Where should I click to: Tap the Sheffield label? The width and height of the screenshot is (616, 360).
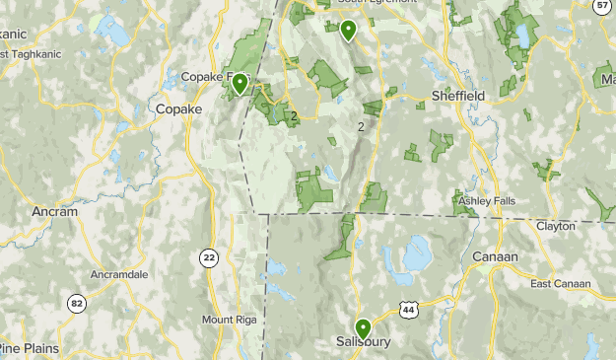458,96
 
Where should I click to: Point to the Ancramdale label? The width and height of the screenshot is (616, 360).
119,273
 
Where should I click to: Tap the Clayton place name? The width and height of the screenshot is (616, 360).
556,226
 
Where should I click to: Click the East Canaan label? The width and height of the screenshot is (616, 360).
560,283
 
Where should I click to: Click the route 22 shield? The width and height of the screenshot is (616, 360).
208,257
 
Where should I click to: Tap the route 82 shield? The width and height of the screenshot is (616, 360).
77,303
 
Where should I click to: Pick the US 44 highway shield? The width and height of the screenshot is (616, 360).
408,311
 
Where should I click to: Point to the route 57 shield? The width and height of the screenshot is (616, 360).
602,5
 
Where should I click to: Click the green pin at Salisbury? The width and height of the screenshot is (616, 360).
363,328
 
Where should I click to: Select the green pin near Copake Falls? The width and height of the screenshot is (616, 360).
239,84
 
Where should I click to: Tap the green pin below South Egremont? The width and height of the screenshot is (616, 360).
348,30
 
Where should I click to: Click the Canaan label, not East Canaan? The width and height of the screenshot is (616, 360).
495,256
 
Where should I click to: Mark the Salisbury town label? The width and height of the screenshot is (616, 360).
363,343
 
